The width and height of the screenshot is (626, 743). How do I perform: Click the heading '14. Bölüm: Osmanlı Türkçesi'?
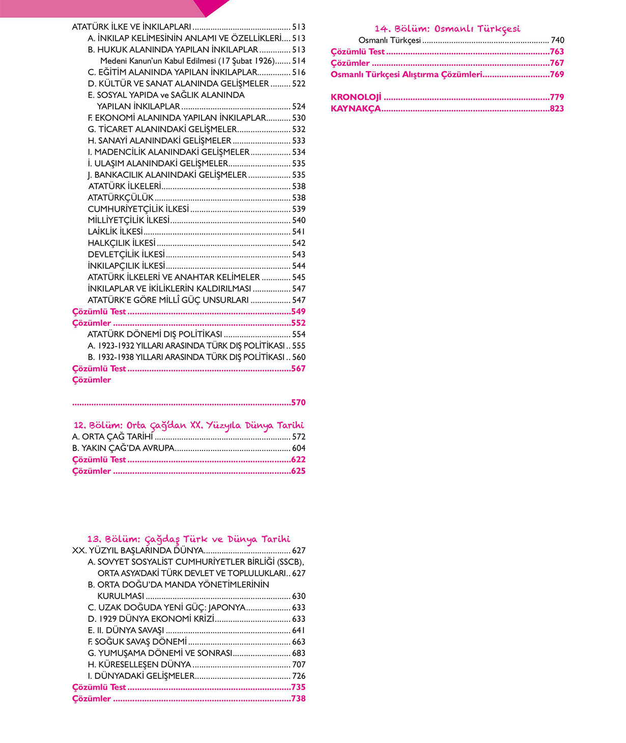click(447, 29)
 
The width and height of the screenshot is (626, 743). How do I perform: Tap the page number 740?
click(557, 40)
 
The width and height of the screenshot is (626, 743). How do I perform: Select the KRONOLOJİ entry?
click(356, 97)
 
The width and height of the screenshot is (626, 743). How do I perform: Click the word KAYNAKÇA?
click(356, 108)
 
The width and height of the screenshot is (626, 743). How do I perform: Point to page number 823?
click(557, 108)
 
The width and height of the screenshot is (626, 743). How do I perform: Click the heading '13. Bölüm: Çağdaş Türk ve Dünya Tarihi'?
click(188, 539)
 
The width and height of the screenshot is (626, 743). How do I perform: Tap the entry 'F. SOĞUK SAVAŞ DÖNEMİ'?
click(137, 642)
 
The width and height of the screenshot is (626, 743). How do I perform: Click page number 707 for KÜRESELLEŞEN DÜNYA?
click(299, 665)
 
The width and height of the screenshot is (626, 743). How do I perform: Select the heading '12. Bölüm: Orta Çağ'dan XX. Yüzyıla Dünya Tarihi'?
click(188, 425)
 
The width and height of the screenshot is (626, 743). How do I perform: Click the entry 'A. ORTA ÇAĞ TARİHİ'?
click(112, 437)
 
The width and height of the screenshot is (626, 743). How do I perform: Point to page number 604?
click(299, 448)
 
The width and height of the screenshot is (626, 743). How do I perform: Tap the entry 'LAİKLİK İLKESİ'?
click(115, 232)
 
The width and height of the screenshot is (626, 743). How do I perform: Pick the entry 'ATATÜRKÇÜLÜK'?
click(121, 197)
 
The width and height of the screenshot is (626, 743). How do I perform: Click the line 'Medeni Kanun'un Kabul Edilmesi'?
click(187, 61)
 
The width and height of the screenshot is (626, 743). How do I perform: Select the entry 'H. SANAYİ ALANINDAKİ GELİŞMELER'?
click(159, 140)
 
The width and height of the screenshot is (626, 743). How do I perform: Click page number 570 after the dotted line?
click(298, 403)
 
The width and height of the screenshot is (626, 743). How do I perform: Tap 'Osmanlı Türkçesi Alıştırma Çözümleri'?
click(406, 74)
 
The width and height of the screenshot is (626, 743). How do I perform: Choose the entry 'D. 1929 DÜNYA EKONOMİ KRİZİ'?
click(151, 619)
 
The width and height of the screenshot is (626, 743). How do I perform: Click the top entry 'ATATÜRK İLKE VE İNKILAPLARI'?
click(131, 27)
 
